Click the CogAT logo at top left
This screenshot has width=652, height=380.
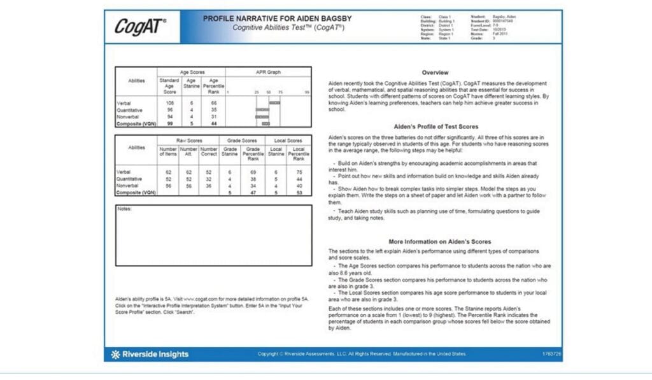tap(141, 26)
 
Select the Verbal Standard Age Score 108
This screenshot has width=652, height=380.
tap(169, 102)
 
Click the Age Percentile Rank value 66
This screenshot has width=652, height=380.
tap(214, 102)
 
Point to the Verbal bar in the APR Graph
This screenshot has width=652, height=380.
tap(274, 102)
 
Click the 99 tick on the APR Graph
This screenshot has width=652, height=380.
tap(307, 92)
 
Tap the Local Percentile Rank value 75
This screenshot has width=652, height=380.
tap(294, 172)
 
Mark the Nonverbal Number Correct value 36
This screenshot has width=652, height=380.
tap(209, 186)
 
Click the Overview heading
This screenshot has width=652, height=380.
tap(435, 73)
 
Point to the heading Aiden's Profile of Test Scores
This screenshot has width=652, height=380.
tap(436, 127)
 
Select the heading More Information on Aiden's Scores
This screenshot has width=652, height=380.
tap(439, 242)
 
